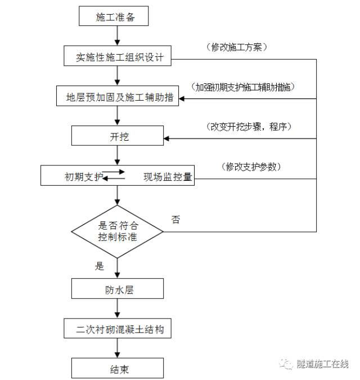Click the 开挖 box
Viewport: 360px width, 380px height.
tap(118, 136)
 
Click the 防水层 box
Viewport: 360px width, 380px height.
tap(118, 290)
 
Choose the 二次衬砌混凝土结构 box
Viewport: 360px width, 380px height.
tap(118, 329)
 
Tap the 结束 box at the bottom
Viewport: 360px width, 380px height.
tap(118, 369)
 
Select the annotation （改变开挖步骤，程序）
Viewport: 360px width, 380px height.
tap(247, 127)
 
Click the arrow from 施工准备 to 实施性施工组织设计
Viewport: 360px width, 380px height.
tap(117, 37)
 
